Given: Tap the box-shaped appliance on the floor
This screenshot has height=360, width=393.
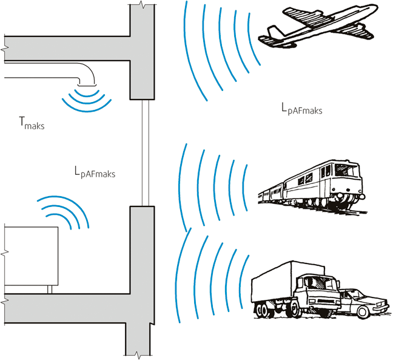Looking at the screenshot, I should tap(30, 255).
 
